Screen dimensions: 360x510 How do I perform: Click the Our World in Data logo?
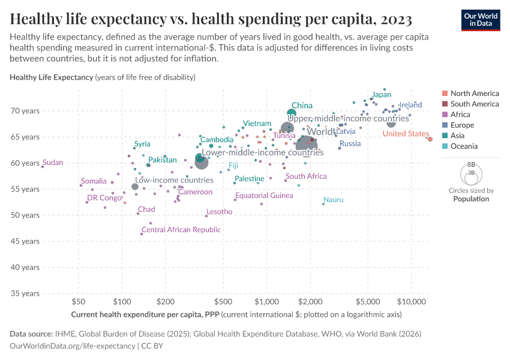tap(481, 20)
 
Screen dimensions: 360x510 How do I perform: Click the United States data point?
tap(430, 139)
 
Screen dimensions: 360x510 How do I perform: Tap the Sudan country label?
tap(53, 163)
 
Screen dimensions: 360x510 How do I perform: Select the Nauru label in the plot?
tap(333, 200)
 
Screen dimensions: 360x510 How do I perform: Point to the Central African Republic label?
tap(181, 230)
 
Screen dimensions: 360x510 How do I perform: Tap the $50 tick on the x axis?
tap(77, 300)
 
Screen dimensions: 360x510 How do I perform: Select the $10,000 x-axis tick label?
tap(411, 300)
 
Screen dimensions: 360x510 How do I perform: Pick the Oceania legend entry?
tap(464, 146)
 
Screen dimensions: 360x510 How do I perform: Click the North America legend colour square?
tap(445, 94)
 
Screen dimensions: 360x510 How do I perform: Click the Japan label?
tap(382, 95)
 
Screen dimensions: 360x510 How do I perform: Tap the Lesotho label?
tap(219, 212)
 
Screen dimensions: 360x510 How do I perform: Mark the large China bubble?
tap(292, 113)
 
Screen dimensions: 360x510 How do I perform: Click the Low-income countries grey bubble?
tap(135, 187)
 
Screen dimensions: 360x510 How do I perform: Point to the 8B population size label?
tap(471, 164)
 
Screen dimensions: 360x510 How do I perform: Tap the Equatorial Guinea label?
tap(264, 196)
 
